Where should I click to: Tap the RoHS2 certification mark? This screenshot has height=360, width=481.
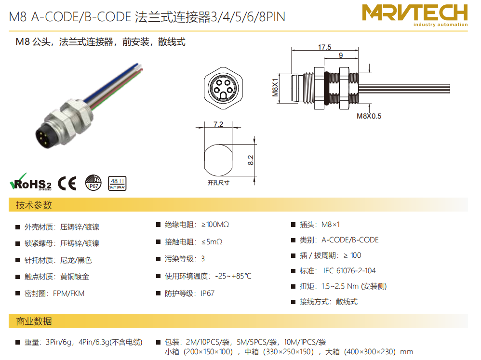[31, 182]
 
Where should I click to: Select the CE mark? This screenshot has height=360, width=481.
[67, 183]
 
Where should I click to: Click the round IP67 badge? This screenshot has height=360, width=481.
[93, 183]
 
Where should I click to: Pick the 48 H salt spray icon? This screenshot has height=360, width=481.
[117, 183]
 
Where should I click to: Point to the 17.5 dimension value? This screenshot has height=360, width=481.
[324, 47]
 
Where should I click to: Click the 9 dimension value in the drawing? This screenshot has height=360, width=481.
[341, 55]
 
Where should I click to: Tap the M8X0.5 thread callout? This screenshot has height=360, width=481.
[369, 116]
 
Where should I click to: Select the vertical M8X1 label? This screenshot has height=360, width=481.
[275, 87]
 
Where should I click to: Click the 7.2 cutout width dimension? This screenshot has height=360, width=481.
[218, 124]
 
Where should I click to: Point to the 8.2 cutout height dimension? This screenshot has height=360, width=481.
[251, 160]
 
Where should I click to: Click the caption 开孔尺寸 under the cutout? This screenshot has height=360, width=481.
[218, 183]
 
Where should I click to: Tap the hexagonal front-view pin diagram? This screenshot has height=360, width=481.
[223, 88]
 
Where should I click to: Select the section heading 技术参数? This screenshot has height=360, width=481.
[34, 205]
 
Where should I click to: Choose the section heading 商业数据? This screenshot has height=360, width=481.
[34, 321]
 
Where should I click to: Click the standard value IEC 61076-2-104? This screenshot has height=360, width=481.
[349, 271]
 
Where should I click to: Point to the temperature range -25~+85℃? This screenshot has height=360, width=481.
[233, 276]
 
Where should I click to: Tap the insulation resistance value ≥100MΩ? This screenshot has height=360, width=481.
[215, 225]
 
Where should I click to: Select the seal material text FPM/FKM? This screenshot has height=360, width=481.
[68, 293]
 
